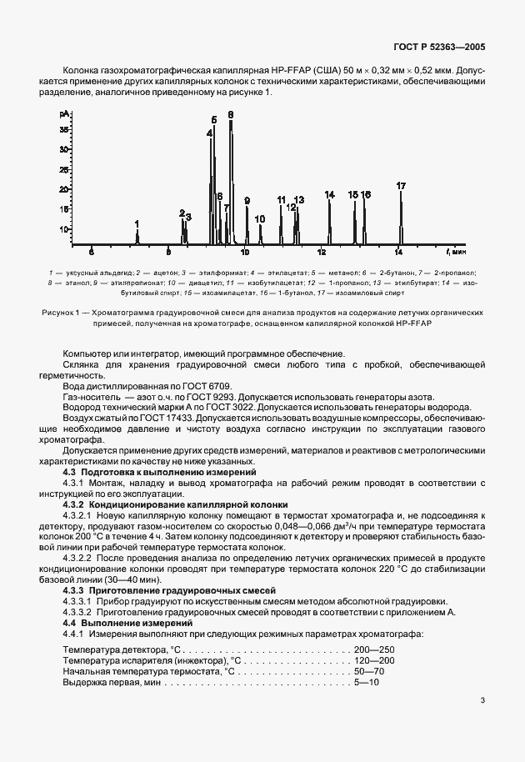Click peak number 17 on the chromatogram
401,185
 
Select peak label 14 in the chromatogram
330,194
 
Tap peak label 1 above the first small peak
137,223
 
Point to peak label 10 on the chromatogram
260,218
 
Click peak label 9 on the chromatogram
247,200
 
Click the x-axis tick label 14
398,250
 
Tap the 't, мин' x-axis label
457,249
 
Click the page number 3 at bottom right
482,701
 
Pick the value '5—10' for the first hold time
367,682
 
